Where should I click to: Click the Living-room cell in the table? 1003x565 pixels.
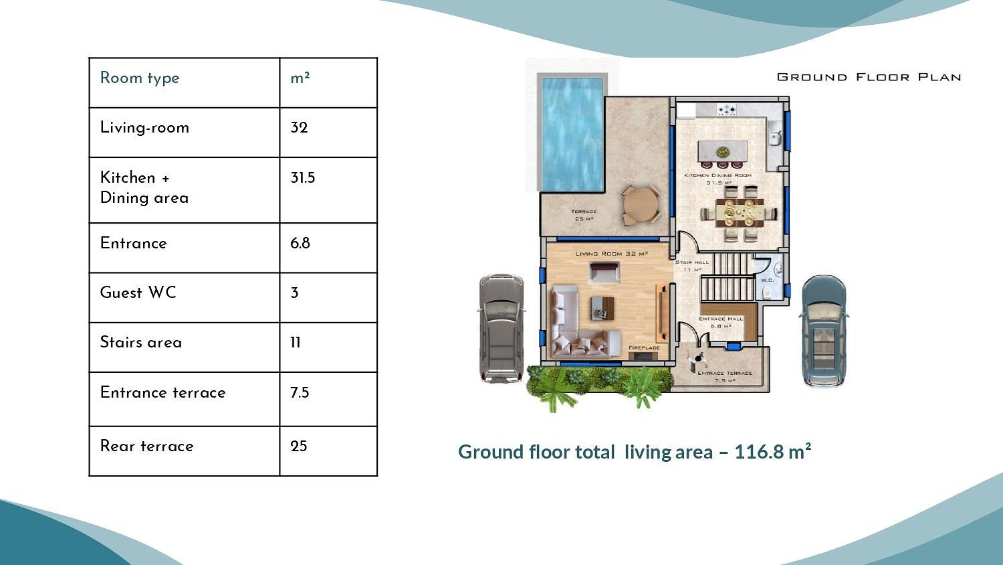[144, 127]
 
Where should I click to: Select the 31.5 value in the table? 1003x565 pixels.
[302, 178]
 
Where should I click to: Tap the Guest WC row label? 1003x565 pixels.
[138, 293]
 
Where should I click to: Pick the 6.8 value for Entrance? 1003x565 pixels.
[300, 243]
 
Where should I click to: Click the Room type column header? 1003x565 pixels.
[140, 78]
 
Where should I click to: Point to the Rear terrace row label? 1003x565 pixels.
[146, 446]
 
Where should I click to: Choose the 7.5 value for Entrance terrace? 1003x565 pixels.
[300, 392]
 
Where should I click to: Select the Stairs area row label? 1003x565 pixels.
[140, 342]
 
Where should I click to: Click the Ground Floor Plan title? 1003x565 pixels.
[869, 77]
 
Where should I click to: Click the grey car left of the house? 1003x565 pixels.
[500, 328]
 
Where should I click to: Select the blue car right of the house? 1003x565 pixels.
[824, 331]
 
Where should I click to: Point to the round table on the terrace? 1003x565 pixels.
[640, 205]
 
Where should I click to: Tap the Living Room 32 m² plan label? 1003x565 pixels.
[611, 254]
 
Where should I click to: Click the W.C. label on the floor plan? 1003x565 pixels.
[767, 280]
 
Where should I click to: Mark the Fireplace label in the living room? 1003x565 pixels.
[644, 347]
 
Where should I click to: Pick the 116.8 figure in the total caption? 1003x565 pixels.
[759, 452]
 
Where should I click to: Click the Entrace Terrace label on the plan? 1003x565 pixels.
[725, 374]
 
